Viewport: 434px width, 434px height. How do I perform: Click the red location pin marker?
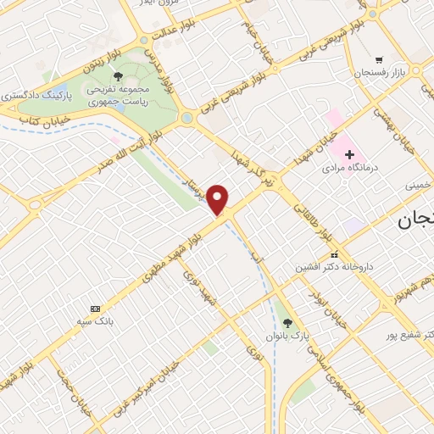coord(218,200)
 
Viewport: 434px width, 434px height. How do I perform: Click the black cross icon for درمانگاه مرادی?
coord(348,153)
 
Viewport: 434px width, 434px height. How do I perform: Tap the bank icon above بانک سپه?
coord(95,309)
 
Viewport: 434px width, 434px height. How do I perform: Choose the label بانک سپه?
coord(96,323)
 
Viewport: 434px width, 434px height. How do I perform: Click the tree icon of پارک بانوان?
coord(287,322)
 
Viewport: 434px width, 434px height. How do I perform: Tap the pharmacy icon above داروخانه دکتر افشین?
coord(334,253)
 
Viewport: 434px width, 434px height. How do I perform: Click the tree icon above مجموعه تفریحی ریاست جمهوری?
coord(129,77)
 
